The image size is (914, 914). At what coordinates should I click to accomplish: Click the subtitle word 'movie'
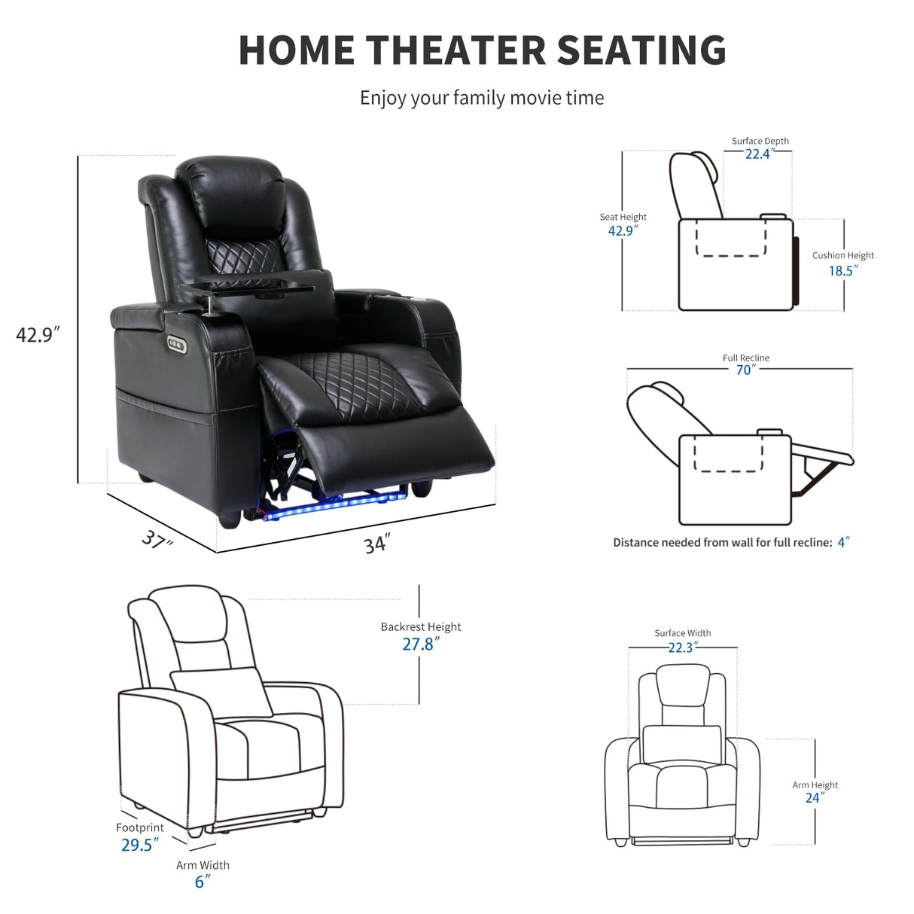click(536, 98)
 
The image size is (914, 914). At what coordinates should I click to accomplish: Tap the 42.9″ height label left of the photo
click(38, 334)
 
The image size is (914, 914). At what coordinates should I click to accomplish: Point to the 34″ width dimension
click(376, 544)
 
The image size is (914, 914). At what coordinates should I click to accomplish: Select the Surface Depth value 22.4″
click(759, 154)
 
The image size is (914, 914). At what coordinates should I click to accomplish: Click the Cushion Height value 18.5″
click(843, 270)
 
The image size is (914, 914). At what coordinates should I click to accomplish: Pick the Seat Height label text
click(623, 217)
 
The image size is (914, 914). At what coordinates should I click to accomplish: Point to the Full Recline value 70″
click(745, 370)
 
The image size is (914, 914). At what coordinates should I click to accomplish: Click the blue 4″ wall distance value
click(843, 542)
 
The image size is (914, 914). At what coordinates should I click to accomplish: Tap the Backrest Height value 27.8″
click(419, 644)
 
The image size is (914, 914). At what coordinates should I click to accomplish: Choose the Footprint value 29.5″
click(139, 845)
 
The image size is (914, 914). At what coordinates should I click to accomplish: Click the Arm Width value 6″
click(202, 882)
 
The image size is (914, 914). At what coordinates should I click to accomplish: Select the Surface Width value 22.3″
click(682, 647)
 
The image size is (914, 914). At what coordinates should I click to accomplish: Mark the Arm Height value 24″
click(815, 798)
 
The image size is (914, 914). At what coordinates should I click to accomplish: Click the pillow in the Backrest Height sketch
click(222, 691)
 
